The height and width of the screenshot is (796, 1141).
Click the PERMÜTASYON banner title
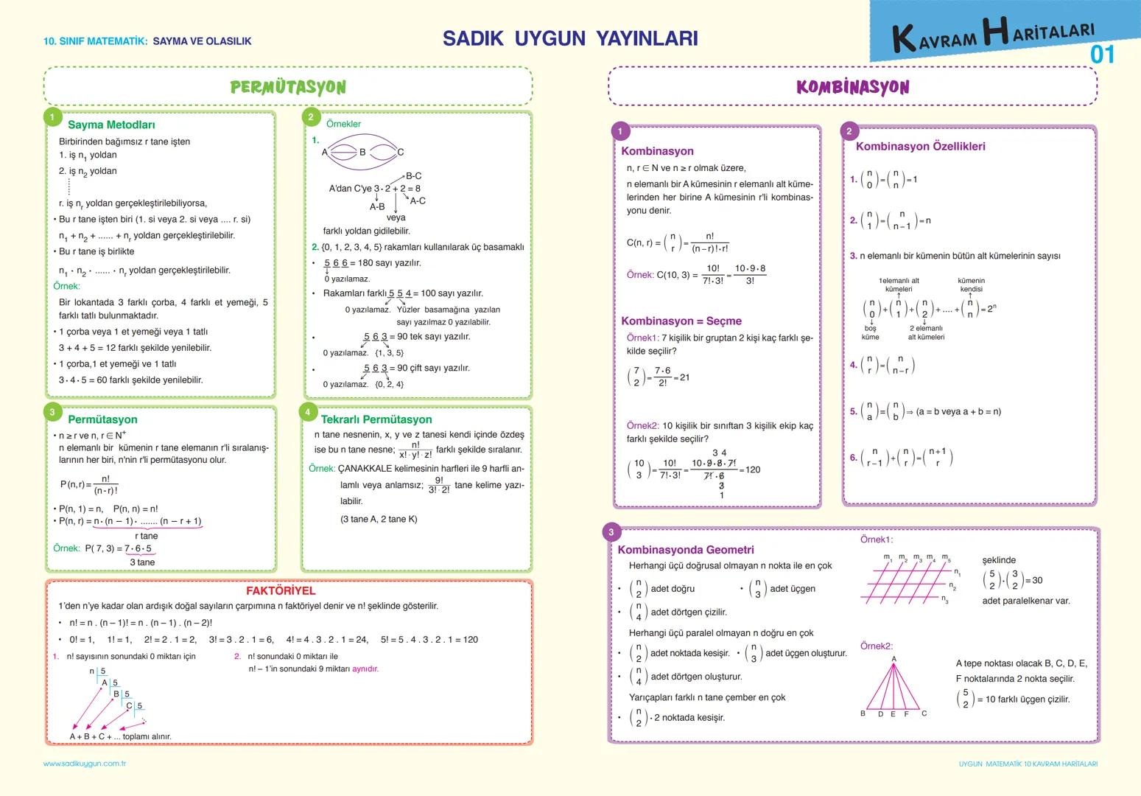tap(288, 87)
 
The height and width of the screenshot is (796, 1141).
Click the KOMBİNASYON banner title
tap(852, 87)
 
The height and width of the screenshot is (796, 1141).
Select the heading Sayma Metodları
tap(111, 125)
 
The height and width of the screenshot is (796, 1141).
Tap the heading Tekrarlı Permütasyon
tap(376, 419)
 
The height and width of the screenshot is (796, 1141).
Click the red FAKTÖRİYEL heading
tap(281, 590)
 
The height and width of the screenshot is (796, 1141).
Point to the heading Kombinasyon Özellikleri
tap(920, 146)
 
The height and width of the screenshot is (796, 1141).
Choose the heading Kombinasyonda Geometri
tap(686, 550)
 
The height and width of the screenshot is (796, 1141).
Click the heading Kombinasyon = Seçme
tap(681, 321)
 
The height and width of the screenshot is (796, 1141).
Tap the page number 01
tap(1103, 55)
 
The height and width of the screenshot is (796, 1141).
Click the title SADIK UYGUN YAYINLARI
tap(570, 38)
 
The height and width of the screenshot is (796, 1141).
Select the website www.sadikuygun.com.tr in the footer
tap(85, 764)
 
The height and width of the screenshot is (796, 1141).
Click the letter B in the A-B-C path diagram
tap(362, 152)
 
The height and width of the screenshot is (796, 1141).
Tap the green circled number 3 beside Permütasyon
tap(52, 412)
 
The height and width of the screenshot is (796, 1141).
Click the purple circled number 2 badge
tap(849, 131)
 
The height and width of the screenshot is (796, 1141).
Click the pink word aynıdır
tap(365, 668)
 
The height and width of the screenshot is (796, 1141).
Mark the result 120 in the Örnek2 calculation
tap(752, 469)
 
